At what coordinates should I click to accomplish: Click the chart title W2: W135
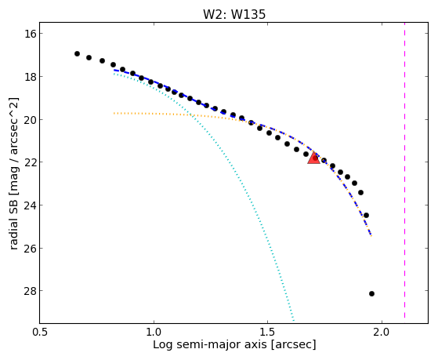[234, 14]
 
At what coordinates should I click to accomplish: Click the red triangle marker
[313, 158]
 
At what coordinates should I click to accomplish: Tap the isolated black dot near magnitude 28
[371, 293]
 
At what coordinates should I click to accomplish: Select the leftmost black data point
[77, 53]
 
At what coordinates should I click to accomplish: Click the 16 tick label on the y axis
[29, 34]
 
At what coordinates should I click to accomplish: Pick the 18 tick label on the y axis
[29, 76]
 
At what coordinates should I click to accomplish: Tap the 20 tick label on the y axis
[29, 119]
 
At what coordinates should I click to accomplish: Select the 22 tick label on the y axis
[29, 162]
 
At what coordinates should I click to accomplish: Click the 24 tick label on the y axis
[29, 205]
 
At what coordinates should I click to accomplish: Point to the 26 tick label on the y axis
[29, 248]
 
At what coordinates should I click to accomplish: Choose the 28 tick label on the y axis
[29, 291]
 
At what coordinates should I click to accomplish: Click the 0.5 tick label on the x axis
[40, 332]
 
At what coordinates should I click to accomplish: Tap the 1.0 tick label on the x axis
[154, 332]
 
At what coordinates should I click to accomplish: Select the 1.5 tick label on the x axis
[268, 332]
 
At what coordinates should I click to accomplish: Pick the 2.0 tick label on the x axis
[382, 332]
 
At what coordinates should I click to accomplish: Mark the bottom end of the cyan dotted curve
[294, 320]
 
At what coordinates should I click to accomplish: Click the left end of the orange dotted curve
[114, 113]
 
